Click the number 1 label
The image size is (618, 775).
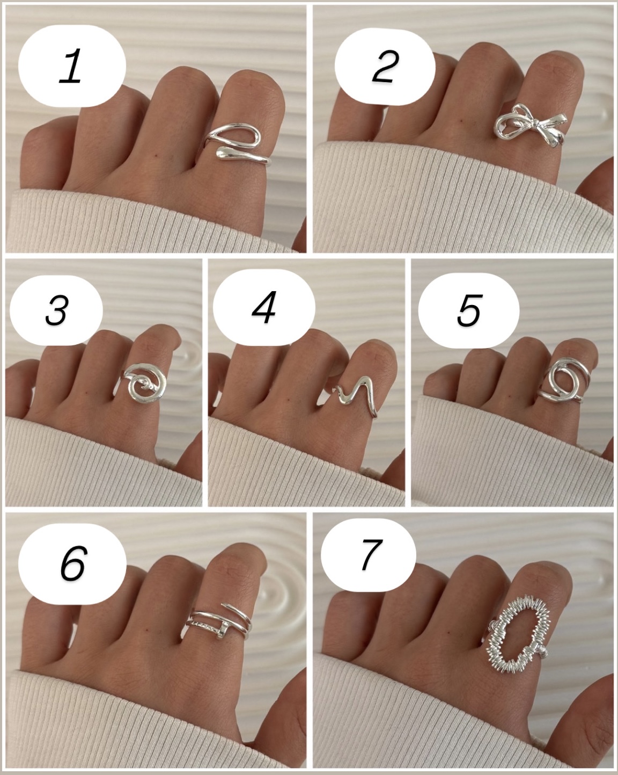tap(72, 66)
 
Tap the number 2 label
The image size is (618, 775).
tap(385, 66)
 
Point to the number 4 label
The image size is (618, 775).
tap(264, 307)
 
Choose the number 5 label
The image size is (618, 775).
tap(469, 310)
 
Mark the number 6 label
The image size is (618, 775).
tap(72, 564)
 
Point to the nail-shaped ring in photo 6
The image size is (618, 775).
tap(219, 627)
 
